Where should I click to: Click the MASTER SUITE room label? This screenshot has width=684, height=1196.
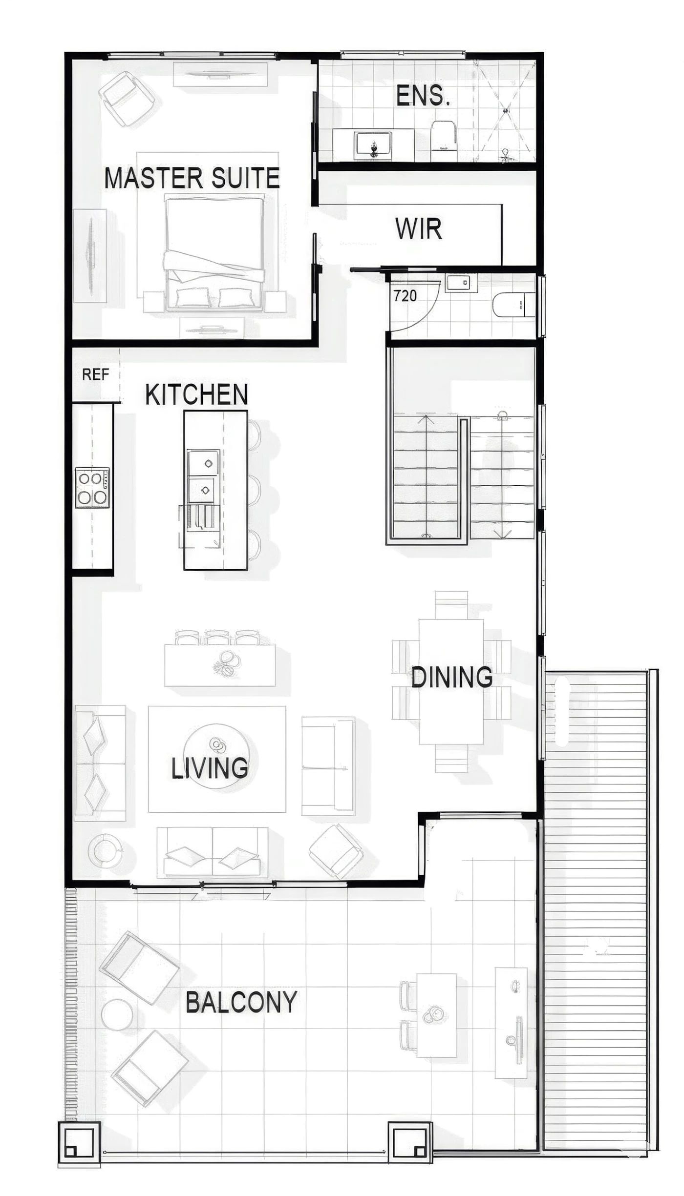pos(192,178)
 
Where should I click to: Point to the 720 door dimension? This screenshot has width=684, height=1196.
pos(405,295)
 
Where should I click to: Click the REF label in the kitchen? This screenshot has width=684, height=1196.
pos(95,374)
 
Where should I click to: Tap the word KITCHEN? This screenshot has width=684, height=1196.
pos(197,394)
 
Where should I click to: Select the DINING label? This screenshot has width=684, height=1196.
pos(452,677)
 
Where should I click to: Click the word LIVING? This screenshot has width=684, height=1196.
pos(210,768)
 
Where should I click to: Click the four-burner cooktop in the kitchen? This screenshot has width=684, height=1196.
pos(92,488)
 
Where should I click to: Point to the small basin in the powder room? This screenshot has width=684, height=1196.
pos(461,283)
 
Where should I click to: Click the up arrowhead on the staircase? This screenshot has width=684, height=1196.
pos(426,419)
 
